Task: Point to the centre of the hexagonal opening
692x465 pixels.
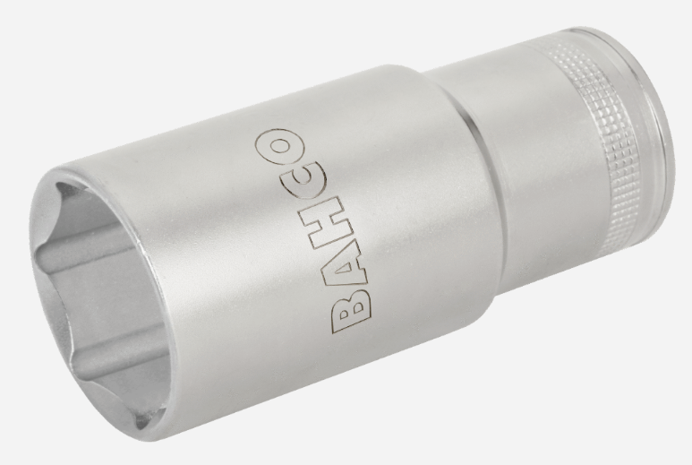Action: pos(107,296)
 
